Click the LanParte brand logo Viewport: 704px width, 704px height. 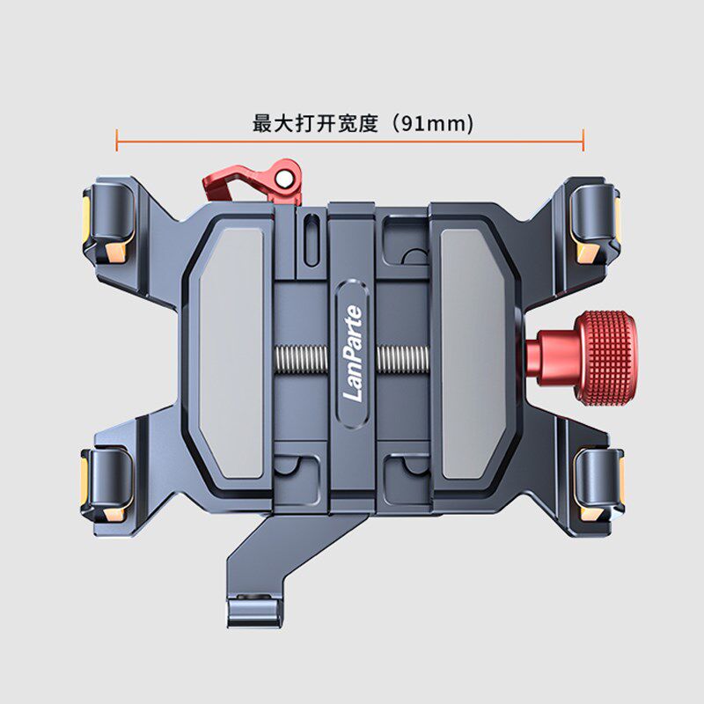[x=353, y=353]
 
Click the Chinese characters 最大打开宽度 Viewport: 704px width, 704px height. [x=315, y=123]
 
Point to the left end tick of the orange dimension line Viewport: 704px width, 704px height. [x=117, y=140]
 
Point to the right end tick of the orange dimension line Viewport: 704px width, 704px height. [x=583, y=140]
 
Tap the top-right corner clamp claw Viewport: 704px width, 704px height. [x=595, y=223]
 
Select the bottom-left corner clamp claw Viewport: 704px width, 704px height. [x=107, y=485]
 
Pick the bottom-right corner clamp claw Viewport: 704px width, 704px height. [x=598, y=485]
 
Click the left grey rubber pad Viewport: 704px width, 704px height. [x=231, y=353]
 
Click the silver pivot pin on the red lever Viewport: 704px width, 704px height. [x=283, y=180]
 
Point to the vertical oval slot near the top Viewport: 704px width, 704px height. [x=312, y=240]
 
